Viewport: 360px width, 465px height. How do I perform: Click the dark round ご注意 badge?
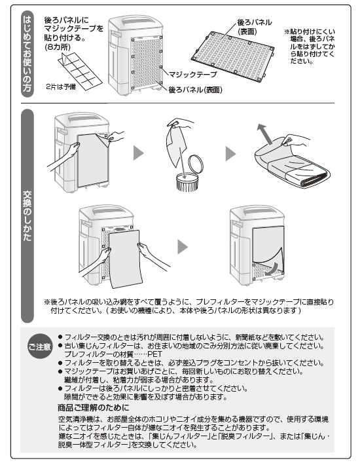coord(40,346)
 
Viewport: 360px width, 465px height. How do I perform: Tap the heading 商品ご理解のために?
coord(94,407)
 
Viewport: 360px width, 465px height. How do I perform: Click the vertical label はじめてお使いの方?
coord(27,54)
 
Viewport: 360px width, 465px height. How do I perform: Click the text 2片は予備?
coord(61,86)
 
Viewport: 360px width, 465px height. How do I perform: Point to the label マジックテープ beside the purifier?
coord(192,75)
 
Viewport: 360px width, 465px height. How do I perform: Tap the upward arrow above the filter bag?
coord(265,134)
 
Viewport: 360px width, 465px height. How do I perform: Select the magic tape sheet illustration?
coord(81,71)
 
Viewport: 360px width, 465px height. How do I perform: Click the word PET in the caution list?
coord(154,354)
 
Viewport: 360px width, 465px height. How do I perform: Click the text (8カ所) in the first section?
coord(58,47)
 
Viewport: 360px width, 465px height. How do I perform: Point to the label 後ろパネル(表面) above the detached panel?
coord(254,27)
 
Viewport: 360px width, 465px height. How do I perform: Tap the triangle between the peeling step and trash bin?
coord(138,153)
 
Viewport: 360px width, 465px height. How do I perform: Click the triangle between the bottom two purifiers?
coord(183,247)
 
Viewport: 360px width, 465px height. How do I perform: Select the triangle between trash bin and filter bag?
coord(230,154)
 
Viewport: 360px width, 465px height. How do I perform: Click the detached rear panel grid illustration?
coord(232,56)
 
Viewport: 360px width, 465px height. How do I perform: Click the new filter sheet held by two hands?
coord(125,259)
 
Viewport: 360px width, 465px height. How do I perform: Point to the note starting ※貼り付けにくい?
coord(310,46)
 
